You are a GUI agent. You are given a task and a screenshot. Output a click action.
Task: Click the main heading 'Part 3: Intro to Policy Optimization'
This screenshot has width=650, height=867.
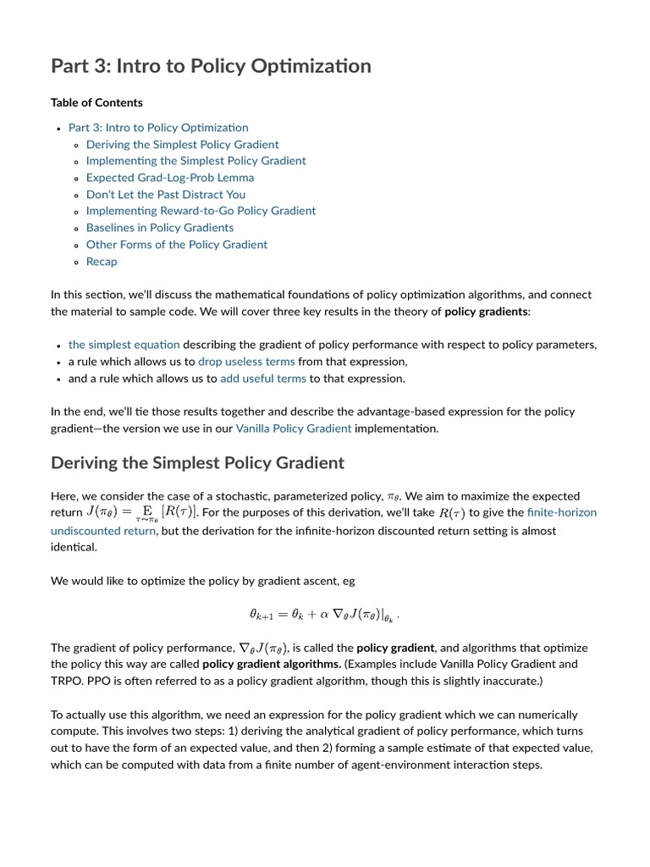click(x=211, y=66)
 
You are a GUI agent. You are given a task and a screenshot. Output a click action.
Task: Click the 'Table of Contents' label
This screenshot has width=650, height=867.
click(x=96, y=102)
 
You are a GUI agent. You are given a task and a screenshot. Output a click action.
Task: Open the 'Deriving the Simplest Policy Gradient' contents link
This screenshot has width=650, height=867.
click(x=182, y=144)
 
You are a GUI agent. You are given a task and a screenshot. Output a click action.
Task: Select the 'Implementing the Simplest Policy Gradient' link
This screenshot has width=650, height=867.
click(x=196, y=161)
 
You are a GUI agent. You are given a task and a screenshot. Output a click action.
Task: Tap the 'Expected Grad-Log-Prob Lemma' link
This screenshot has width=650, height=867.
click(x=169, y=178)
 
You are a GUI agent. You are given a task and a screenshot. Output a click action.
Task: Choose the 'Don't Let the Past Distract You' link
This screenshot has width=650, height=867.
click(x=165, y=194)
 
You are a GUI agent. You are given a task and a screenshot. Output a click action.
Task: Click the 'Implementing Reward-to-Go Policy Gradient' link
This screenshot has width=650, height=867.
click(x=201, y=211)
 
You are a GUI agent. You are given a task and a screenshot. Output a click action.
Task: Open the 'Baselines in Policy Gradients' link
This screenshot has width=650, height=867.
click(x=159, y=228)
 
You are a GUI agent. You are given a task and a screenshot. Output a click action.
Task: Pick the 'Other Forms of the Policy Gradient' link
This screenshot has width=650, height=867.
click(x=176, y=245)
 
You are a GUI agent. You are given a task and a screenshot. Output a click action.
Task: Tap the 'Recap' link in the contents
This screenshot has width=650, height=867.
click(x=102, y=262)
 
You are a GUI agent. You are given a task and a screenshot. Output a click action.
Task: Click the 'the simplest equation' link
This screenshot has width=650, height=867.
click(x=124, y=345)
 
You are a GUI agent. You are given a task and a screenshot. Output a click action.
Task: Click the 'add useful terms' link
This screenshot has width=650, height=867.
click(x=262, y=378)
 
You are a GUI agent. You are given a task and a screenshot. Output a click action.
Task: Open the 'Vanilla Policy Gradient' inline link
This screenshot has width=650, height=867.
click(x=293, y=428)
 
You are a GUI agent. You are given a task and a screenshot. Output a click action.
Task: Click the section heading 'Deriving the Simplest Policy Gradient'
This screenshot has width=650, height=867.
click(x=197, y=463)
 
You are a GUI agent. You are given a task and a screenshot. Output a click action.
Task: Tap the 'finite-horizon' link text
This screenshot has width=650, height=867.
click(x=561, y=513)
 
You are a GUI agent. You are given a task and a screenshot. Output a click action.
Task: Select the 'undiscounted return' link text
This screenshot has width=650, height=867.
click(x=102, y=531)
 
